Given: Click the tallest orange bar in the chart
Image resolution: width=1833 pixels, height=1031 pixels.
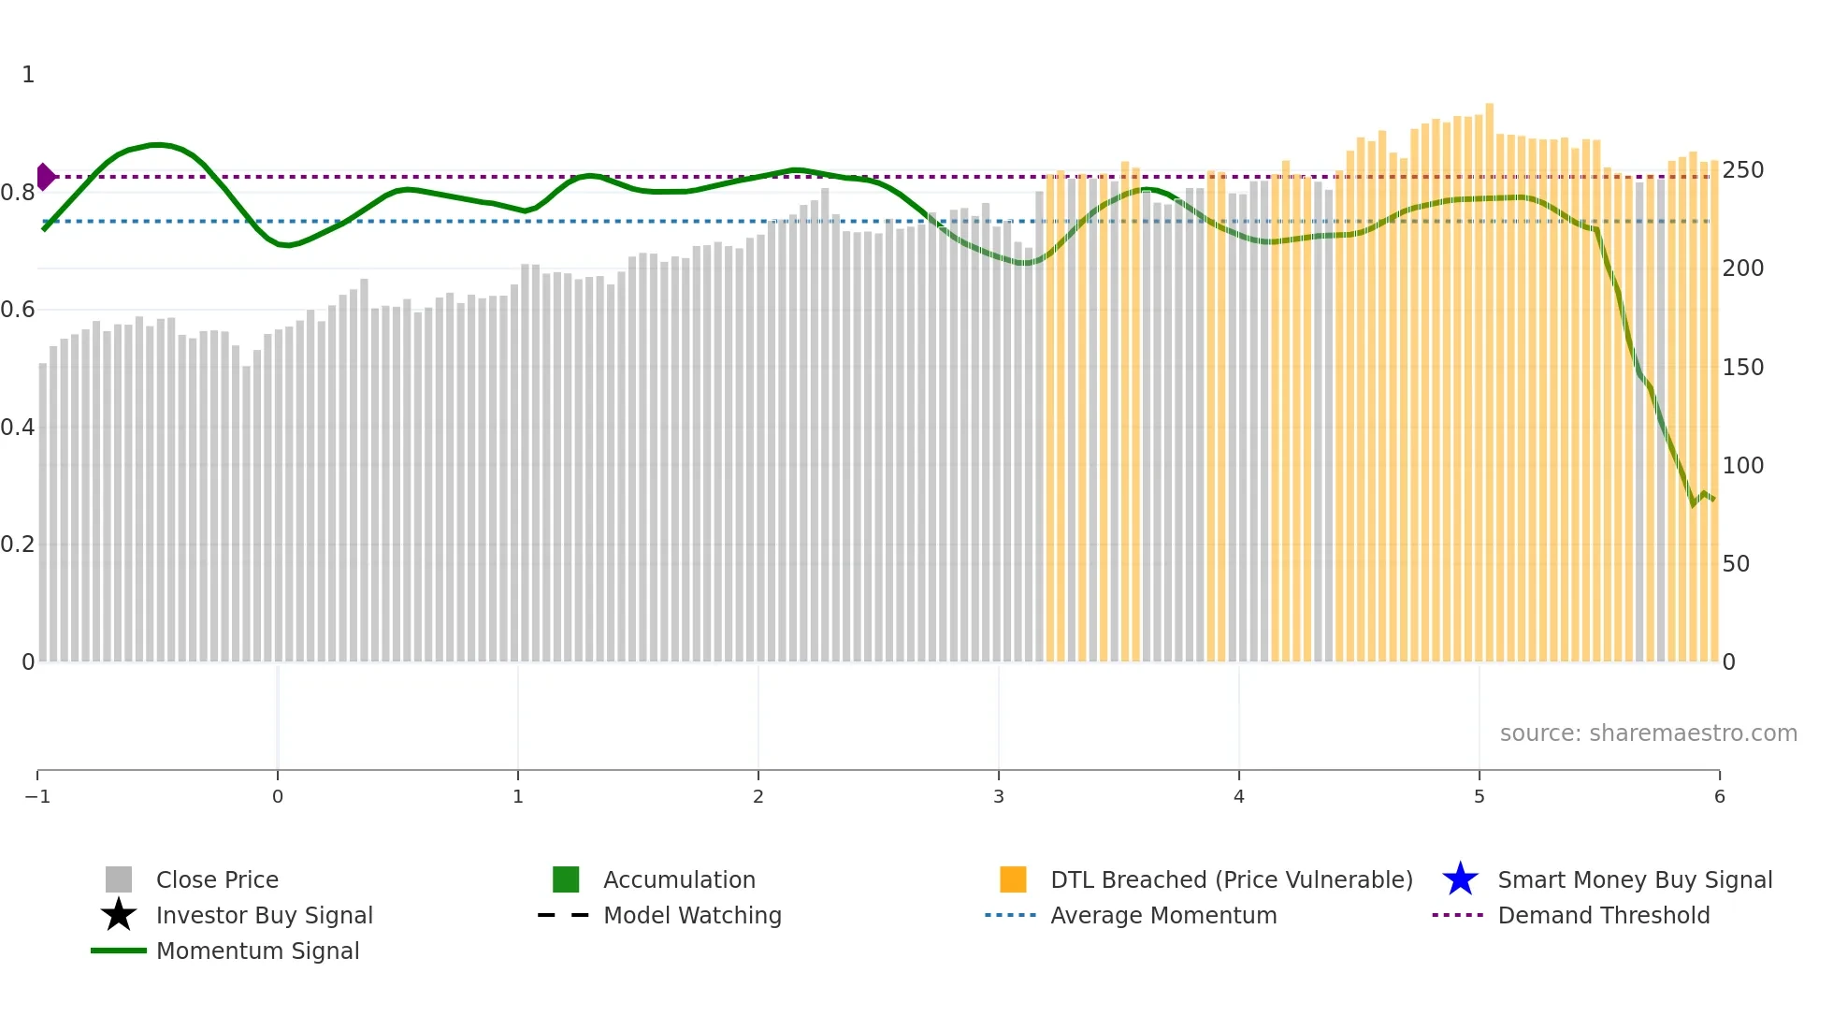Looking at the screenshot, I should tap(1489, 374).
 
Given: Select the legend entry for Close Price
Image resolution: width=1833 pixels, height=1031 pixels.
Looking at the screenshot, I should tap(217, 879).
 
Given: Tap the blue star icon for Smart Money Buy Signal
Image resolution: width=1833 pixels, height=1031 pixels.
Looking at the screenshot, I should tap(1460, 879).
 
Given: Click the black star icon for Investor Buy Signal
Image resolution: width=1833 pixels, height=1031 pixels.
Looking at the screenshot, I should tap(119, 915).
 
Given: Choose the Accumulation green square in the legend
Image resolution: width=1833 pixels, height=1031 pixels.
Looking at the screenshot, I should tap(566, 879).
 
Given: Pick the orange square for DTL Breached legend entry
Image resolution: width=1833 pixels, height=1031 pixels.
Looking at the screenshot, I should tap(1013, 879).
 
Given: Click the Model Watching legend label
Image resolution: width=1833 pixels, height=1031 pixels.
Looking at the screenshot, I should tap(692, 915).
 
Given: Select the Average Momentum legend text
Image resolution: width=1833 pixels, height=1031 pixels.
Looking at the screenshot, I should tap(1163, 915).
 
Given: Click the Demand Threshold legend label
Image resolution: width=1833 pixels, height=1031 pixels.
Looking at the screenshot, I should tap(1603, 915).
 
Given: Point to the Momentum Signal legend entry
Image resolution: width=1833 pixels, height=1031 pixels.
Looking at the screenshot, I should tap(257, 951).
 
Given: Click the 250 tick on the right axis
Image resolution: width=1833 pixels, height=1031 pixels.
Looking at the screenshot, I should tap(1742, 170).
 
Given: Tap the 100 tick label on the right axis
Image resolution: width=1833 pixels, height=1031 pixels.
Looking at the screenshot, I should tap(1742, 465).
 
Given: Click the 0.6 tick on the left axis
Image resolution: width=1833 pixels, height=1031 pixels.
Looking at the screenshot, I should tap(18, 310).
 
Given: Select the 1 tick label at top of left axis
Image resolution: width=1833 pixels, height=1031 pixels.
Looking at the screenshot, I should tap(28, 75).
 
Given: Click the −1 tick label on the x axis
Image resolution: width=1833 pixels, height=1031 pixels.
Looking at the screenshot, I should tap(37, 797).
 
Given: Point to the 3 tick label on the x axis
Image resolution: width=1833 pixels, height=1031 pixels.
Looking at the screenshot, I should tap(999, 797).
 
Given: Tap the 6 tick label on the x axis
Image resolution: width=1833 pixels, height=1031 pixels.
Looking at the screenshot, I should tap(1719, 797).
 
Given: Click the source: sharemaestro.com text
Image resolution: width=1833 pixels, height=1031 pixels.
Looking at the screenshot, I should tap(1648, 733).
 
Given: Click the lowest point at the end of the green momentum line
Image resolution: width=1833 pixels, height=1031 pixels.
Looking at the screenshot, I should tap(1693, 504).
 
